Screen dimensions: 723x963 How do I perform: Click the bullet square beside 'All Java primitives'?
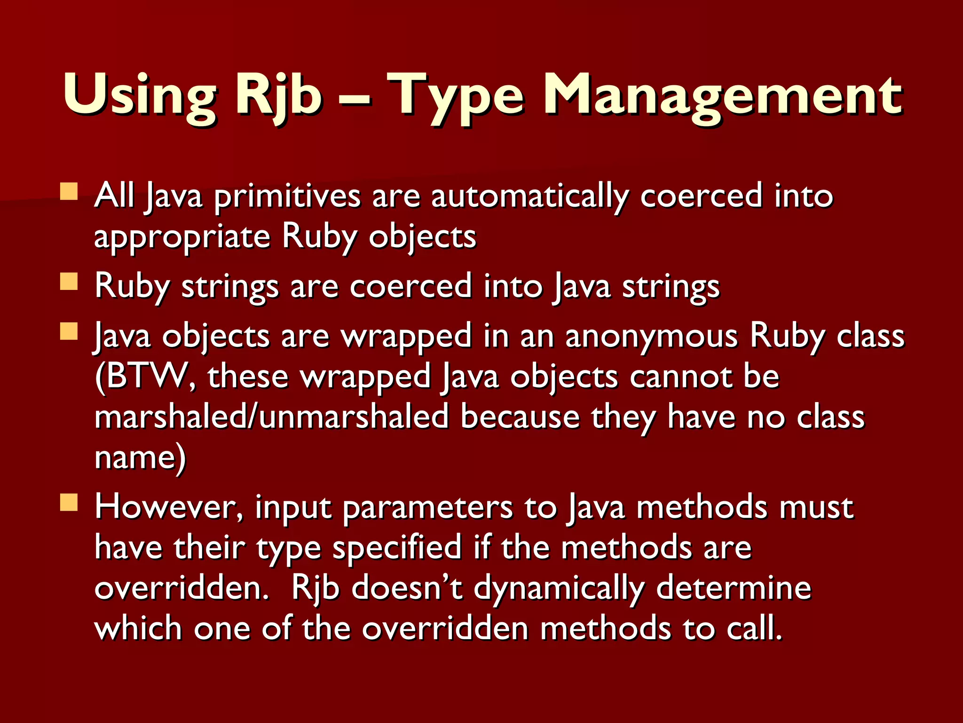point(69,192)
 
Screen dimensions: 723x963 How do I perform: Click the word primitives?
point(287,196)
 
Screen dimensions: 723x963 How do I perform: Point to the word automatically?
point(530,196)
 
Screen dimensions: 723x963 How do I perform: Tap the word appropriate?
point(182,237)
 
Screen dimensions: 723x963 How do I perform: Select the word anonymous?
point(651,336)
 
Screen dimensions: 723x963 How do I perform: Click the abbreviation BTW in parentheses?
point(146,377)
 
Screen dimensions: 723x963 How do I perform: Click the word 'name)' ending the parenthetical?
point(140,458)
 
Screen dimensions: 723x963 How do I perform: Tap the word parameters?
point(427,507)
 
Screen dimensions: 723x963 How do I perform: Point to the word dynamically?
point(559,588)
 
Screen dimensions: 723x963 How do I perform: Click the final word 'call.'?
point(755,629)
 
